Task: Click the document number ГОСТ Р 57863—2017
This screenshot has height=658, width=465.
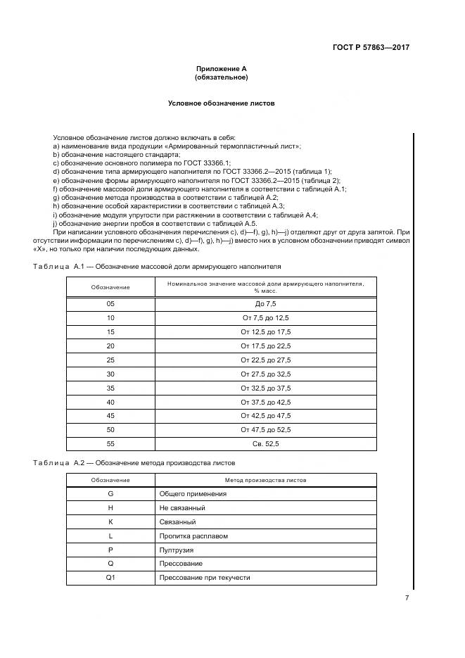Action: [371, 48]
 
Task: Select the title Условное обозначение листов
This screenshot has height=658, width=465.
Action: [221, 103]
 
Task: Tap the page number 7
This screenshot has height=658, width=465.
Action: [407, 598]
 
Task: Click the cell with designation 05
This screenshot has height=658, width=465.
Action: [110, 304]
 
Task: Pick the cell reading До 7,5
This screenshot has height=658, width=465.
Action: [265, 304]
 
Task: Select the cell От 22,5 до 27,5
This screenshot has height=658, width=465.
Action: [265, 360]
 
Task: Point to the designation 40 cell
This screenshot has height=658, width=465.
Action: [110, 402]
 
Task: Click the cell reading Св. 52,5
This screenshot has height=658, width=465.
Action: [265, 443]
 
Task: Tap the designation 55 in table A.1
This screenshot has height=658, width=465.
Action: [110, 443]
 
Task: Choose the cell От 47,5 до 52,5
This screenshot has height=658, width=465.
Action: [265, 429]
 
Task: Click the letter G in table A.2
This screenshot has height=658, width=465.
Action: [110, 494]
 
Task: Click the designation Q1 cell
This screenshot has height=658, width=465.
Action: [110, 578]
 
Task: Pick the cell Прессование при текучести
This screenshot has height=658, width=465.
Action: [205, 578]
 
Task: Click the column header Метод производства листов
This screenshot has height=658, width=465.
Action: [265, 480]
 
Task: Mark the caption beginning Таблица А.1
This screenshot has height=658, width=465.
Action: [157, 267]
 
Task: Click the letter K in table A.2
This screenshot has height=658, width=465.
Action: [110, 522]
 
